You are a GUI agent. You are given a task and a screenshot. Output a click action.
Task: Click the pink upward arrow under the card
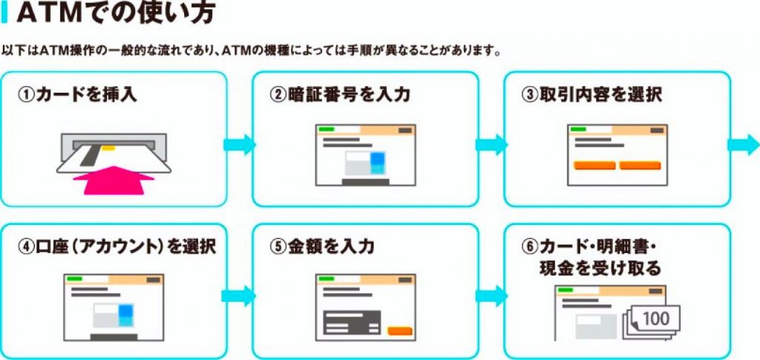coord(114,180)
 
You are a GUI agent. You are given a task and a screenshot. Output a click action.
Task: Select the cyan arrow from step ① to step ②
coord(239,145)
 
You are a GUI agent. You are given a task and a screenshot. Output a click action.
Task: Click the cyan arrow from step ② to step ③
coord(490,145)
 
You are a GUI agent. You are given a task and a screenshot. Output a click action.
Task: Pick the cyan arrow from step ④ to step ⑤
coord(239,295)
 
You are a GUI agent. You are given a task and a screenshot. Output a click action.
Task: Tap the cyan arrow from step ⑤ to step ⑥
coord(490,295)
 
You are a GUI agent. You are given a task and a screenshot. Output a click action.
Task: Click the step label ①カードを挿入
coord(78,95)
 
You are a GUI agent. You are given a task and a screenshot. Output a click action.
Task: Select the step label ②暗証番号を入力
coord(338,95)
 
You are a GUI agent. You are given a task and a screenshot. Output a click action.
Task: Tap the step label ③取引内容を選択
coord(592,95)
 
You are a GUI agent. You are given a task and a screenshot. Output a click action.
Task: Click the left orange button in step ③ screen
coord(594,165)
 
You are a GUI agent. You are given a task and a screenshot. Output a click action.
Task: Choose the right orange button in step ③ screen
coord(640,165)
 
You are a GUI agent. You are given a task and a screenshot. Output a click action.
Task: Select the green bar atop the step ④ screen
coord(75,278)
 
